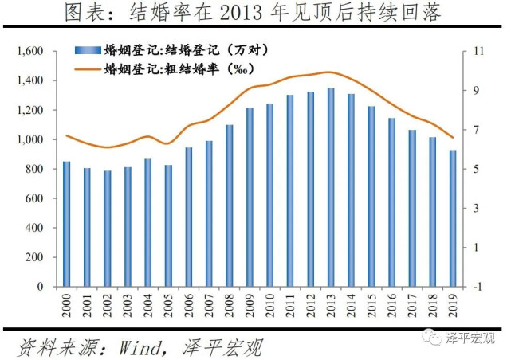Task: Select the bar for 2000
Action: [x=66, y=224]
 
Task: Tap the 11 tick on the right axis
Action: [x=480, y=52]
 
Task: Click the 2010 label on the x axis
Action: [x=270, y=306]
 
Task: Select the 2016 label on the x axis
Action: [x=392, y=306]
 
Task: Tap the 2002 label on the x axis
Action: [x=108, y=306]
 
